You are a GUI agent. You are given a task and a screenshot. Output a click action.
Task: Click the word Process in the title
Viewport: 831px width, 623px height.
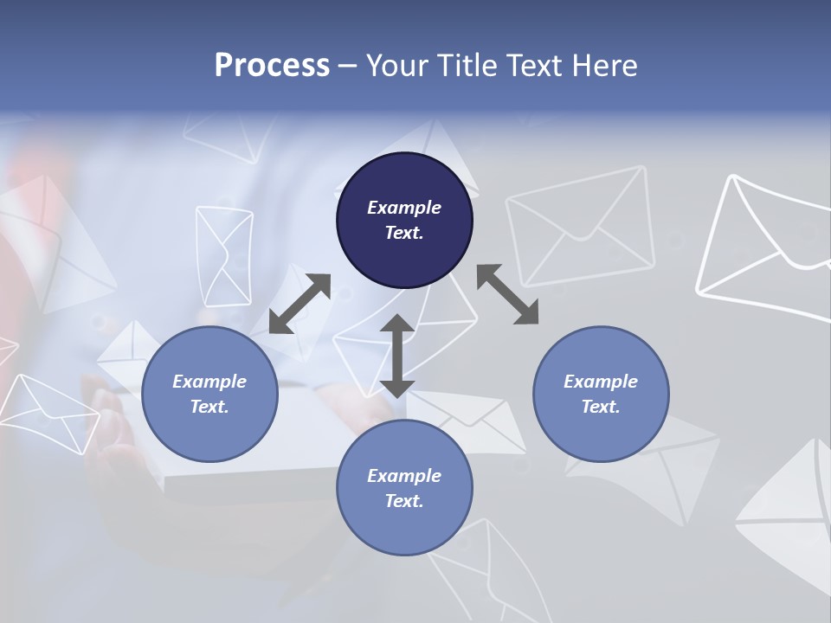pos(272,66)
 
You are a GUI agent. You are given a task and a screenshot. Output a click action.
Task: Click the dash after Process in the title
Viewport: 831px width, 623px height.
pos(348,67)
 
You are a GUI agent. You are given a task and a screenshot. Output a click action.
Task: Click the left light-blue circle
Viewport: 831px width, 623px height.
pos(209,394)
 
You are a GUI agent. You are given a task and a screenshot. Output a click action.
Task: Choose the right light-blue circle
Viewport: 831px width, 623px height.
pos(601,394)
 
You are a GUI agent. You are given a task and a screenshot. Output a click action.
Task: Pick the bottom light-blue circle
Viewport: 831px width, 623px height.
pos(404,487)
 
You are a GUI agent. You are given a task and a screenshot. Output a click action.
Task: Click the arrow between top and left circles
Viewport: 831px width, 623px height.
pos(300,304)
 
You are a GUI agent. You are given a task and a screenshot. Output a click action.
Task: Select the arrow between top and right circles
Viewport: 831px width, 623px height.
pos(507,294)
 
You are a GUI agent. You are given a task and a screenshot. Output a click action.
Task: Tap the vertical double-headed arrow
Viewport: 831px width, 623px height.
pos(396,356)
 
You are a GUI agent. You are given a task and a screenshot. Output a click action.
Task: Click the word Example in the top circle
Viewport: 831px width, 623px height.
pos(404,208)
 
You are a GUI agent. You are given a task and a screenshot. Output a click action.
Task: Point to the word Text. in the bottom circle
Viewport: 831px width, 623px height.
pos(404,501)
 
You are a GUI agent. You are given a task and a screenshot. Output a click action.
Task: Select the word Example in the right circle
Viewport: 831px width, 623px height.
pos(601,382)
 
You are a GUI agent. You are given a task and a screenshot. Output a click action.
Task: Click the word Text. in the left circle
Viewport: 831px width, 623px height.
pos(209,407)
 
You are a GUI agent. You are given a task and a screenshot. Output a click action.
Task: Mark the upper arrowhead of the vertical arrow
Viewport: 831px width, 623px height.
pos(396,324)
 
